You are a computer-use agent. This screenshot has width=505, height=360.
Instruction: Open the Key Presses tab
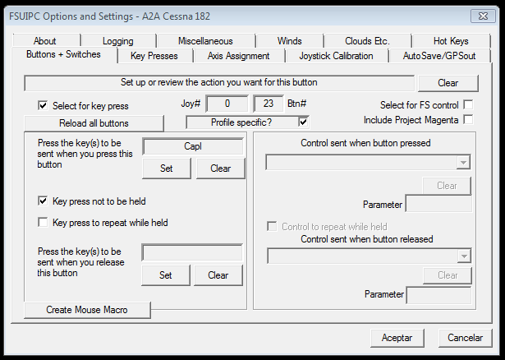tap(154, 56)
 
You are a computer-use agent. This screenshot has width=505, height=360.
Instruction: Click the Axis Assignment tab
tap(238, 56)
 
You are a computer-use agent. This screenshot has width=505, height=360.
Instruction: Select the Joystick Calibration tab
tap(336, 56)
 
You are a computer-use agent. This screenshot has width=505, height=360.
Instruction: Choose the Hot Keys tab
tap(451, 41)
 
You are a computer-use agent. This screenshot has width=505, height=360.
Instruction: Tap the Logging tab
tap(118, 41)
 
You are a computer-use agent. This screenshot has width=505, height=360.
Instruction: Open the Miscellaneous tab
tap(205, 41)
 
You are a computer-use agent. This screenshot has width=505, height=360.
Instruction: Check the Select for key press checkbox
tap(43, 105)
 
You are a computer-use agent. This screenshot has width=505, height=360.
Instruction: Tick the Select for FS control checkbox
tap(468, 104)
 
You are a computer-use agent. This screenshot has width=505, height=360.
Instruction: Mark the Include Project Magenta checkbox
tap(468, 119)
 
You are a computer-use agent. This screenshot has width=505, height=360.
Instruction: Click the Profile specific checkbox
tap(303, 122)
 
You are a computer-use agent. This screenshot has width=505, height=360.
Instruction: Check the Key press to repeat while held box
tap(43, 222)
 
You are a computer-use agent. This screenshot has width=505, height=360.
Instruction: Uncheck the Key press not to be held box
tap(43, 201)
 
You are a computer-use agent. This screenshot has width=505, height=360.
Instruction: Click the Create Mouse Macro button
tap(87, 310)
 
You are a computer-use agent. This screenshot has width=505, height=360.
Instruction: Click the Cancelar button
tap(465, 338)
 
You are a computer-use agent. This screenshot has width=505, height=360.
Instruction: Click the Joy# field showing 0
tap(227, 104)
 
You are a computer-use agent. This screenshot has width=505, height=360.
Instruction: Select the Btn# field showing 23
tap(269, 104)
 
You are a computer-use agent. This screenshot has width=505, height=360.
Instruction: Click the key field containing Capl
tap(193, 146)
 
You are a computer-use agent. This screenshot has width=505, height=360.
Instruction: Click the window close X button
tap(483, 16)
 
